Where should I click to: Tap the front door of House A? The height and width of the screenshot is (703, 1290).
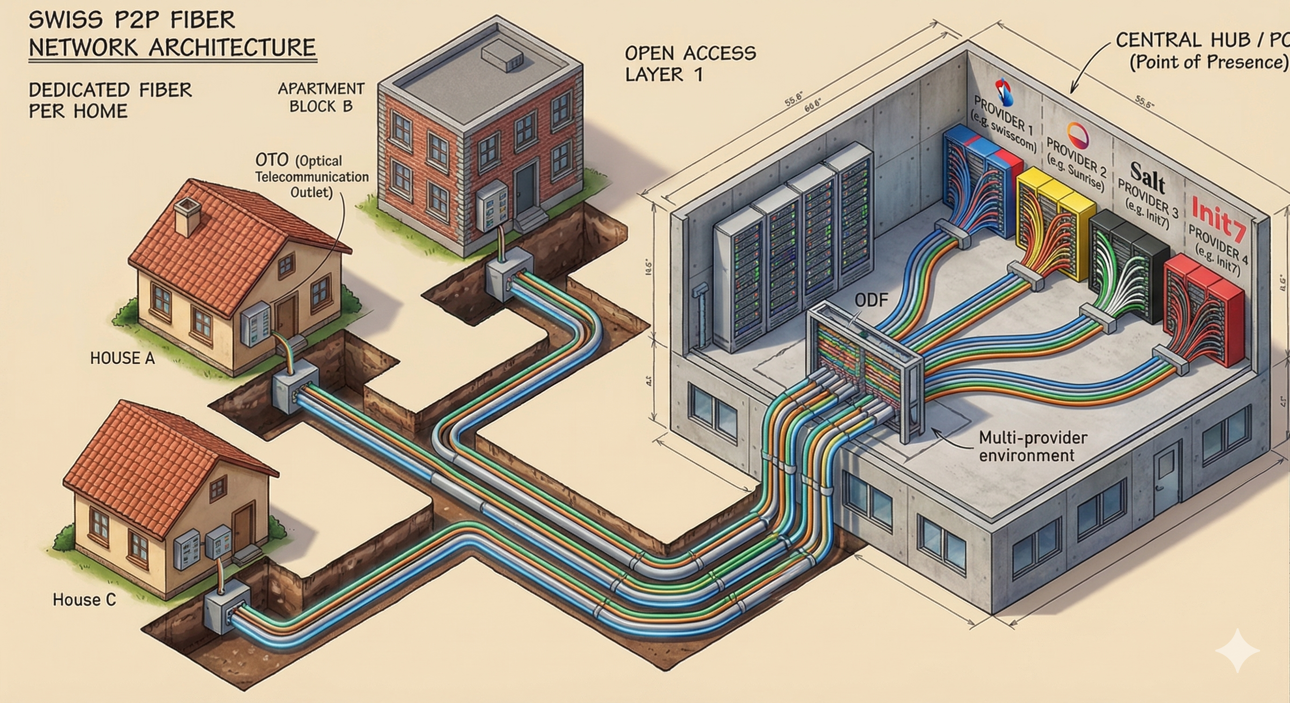286,316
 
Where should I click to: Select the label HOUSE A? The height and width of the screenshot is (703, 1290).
122,358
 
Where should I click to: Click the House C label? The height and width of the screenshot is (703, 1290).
84,599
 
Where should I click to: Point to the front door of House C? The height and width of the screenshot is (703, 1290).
244,525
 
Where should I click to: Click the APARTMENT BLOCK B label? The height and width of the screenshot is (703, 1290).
321,98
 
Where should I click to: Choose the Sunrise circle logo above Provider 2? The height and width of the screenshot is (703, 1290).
1077,136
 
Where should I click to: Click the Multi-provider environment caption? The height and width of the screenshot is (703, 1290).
1032,446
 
